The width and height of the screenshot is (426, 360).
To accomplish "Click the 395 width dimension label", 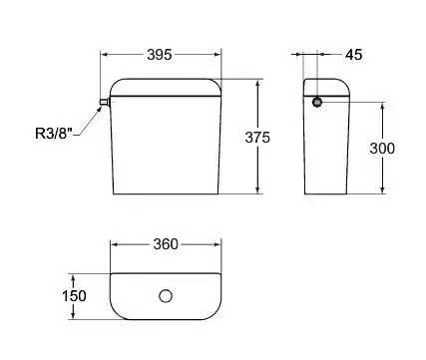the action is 160,55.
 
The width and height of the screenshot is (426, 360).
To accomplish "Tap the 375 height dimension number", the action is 257,138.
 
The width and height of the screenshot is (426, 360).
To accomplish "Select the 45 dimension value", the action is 353,55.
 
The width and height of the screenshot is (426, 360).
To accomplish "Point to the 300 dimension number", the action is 382,149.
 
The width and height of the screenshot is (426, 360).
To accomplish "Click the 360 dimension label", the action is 166,244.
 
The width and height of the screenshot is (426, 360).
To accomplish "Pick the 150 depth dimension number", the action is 74,296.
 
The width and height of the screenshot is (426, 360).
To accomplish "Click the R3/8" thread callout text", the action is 54,134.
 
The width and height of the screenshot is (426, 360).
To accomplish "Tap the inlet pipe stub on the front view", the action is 105,102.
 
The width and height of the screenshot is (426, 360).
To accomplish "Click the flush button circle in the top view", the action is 166,296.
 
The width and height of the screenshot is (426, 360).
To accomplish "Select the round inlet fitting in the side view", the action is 317,102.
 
